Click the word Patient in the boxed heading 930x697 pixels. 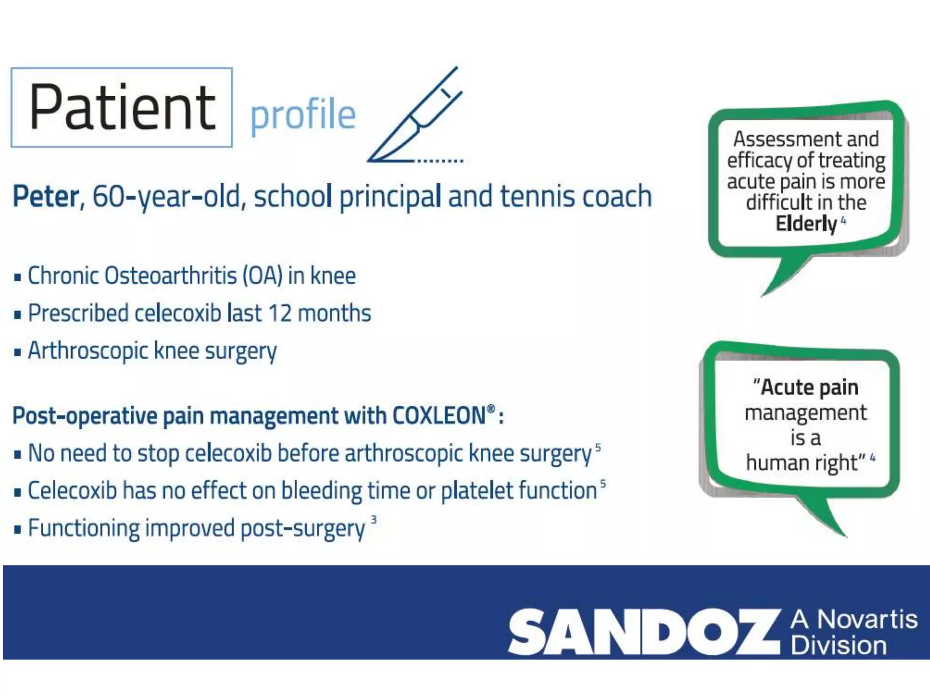pyautogui.click(x=122, y=108)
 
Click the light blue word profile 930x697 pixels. pyautogui.click(x=303, y=114)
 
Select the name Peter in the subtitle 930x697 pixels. pyautogui.click(x=46, y=197)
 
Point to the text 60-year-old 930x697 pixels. pyautogui.click(x=166, y=197)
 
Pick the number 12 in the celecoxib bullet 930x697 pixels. pyautogui.click(x=280, y=314)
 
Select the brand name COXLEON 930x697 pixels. pyautogui.click(x=439, y=416)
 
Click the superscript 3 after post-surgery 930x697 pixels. pyautogui.click(x=374, y=520)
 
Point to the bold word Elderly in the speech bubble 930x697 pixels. pyautogui.click(x=806, y=224)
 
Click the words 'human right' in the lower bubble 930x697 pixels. pyautogui.click(x=802, y=463)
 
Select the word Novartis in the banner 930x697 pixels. pyautogui.click(x=867, y=619)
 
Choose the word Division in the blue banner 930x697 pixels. pyautogui.click(x=838, y=646)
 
